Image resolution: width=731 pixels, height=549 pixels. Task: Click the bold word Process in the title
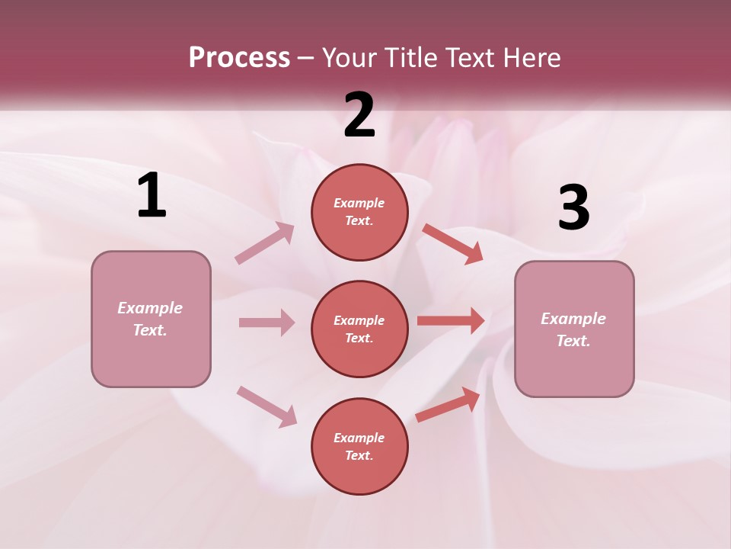(239, 58)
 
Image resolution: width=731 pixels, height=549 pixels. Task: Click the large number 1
(152, 196)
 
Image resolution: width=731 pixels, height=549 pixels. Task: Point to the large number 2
(359, 115)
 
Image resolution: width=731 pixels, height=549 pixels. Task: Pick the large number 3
(573, 208)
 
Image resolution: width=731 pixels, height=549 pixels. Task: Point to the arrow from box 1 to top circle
(265, 243)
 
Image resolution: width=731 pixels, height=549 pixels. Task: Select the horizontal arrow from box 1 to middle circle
(267, 323)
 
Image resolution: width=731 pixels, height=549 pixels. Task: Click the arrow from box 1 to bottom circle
(267, 406)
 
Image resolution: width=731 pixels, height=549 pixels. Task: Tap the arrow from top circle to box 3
(452, 243)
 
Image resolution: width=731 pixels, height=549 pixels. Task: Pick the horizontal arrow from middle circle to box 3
(451, 321)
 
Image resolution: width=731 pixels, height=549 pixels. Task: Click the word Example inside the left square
(150, 308)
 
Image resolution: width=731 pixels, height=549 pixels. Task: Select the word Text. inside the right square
(573, 341)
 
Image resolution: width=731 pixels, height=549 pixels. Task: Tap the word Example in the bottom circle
(359, 438)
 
